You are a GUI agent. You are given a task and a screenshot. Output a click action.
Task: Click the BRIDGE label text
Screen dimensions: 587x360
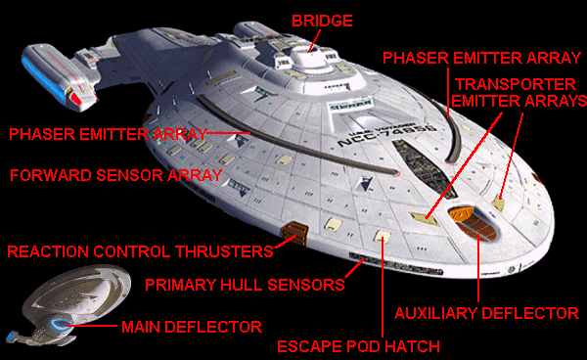[322, 21]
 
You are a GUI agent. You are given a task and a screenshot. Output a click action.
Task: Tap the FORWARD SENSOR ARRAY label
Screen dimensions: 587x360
[116, 175]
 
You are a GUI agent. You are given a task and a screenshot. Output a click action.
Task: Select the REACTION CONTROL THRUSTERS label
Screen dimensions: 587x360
[140, 251]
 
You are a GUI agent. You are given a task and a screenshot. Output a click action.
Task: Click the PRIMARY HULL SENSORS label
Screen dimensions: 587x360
[245, 285]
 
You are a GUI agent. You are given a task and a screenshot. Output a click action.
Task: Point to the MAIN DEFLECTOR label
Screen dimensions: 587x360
[192, 327]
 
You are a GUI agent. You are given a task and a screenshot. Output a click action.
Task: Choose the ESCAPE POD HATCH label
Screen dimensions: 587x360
[358, 346]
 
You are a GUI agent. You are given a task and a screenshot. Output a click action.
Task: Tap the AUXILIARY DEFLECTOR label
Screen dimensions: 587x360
[486, 313]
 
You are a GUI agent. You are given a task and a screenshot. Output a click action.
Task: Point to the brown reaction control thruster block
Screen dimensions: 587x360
[295, 232]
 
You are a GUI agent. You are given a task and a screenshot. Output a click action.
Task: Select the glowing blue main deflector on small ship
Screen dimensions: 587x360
[59, 323]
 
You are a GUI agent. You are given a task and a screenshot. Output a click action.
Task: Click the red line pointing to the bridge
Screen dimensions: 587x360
[314, 40]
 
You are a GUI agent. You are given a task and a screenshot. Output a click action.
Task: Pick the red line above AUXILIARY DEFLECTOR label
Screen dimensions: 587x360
[478, 268]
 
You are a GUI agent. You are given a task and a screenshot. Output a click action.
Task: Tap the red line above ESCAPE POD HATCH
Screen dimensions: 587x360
[383, 288]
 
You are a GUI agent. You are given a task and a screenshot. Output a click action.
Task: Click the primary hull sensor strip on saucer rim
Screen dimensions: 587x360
[396, 264]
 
